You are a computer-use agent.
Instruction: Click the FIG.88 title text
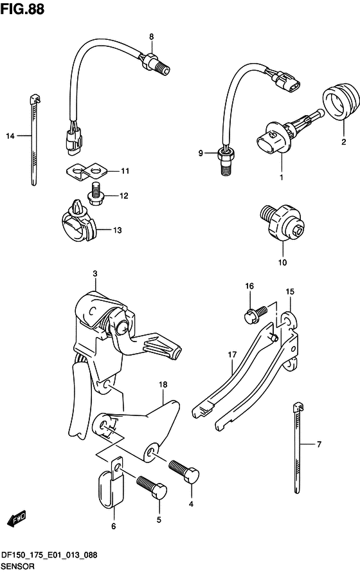click(22, 9)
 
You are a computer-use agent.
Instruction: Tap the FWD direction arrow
click(17, 518)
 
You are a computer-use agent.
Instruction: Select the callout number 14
click(10, 136)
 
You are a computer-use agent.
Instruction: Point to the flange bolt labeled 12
click(96, 194)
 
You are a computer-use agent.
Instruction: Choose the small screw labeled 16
click(255, 314)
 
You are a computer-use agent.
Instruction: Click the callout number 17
click(232, 354)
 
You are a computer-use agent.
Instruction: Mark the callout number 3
click(94, 274)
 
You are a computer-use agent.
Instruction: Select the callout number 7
click(319, 444)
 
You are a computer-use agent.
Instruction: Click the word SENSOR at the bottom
click(18, 567)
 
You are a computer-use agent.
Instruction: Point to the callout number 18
click(163, 385)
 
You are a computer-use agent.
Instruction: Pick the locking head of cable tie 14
click(34, 98)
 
